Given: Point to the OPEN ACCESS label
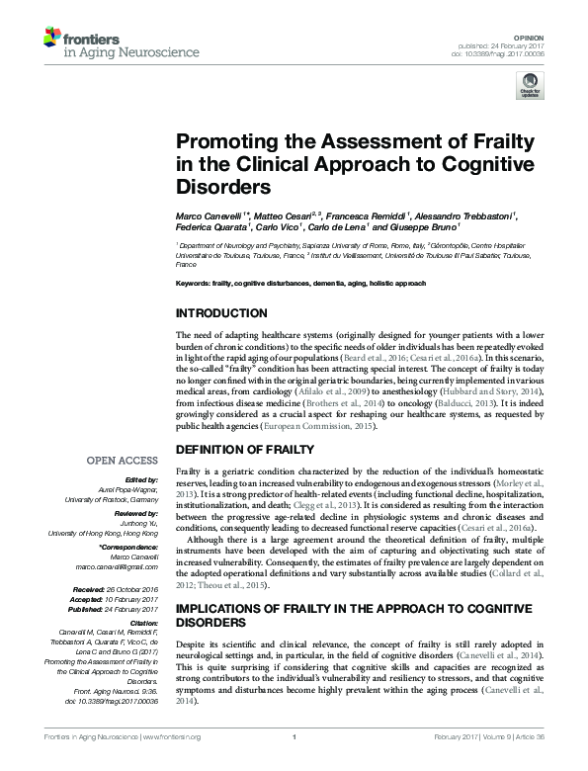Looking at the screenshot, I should (x=123, y=461).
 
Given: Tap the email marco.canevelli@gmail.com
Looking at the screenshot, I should (x=119, y=567).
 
